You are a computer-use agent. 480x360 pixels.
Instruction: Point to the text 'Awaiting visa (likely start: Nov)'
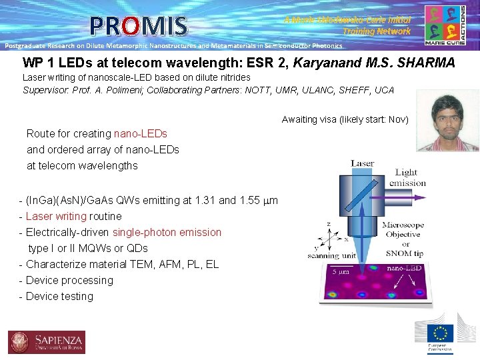(x=345, y=119)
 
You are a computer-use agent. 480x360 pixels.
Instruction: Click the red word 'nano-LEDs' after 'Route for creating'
(x=141, y=133)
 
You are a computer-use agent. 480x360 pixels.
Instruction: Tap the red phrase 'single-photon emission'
(x=167, y=232)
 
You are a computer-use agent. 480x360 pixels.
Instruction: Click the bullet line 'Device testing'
(x=59, y=296)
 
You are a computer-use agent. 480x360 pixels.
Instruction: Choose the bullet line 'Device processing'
(x=69, y=280)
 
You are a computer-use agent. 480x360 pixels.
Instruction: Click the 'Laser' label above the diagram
(x=362, y=163)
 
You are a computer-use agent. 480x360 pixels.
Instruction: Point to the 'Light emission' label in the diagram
(x=407, y=177)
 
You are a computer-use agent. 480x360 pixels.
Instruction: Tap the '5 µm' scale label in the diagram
(x=341, y=272)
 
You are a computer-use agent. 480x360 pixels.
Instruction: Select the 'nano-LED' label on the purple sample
(x=405, y=269)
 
